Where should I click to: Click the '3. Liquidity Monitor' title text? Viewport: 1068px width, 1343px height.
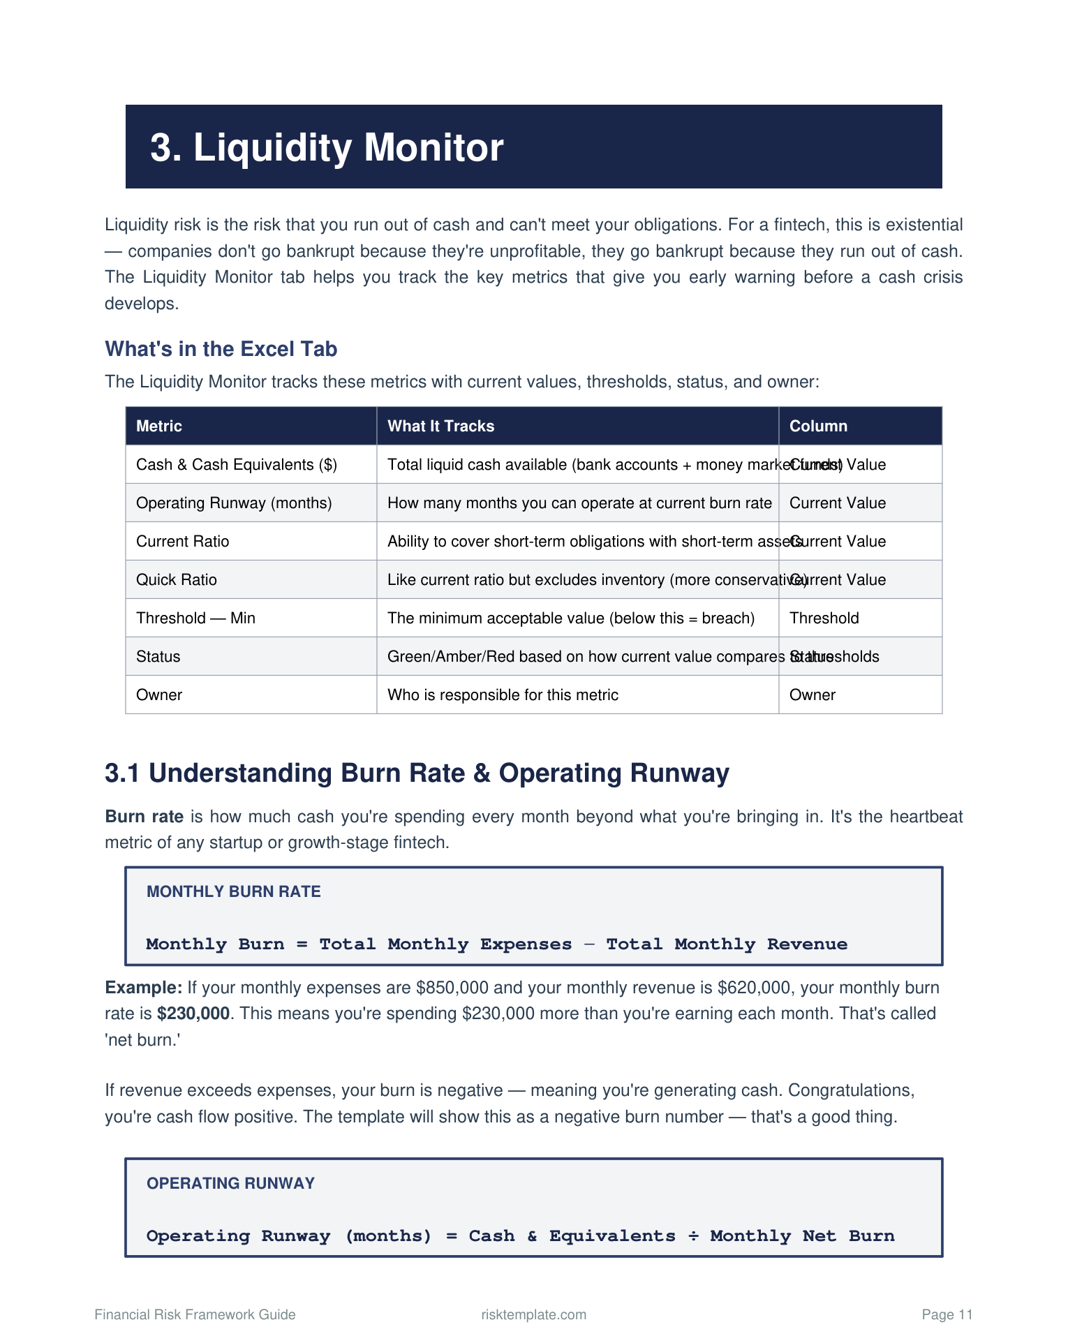(327, 148)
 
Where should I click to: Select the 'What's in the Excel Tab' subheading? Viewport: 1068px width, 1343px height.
(221, 349)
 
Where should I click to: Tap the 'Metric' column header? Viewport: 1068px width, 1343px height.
(159, 426)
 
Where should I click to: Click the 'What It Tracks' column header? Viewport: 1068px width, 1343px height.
(440, 426)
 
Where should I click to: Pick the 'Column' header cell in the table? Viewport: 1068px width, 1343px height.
(818, 426)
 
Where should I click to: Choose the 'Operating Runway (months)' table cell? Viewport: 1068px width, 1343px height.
(234, 503)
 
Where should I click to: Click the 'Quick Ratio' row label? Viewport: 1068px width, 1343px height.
(177, 580)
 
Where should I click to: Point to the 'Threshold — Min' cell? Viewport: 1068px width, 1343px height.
(195, 618)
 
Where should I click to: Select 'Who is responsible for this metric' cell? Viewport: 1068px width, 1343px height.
(503, 695)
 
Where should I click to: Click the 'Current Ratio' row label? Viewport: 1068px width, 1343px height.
(182, 542)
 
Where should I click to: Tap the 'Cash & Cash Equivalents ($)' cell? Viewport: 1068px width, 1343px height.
(237, 465)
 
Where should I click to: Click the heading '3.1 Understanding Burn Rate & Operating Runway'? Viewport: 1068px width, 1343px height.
(417, 773)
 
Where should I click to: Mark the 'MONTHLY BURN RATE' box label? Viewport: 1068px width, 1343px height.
(234, 891)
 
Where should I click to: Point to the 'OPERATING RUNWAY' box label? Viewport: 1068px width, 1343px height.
(230, 1183)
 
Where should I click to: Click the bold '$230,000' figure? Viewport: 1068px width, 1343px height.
(193, 1014)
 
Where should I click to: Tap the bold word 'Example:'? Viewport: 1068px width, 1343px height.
(143, 988)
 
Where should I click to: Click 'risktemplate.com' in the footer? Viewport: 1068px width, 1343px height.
(534, 1315)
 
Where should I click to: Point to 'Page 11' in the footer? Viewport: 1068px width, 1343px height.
(947, 1315)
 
